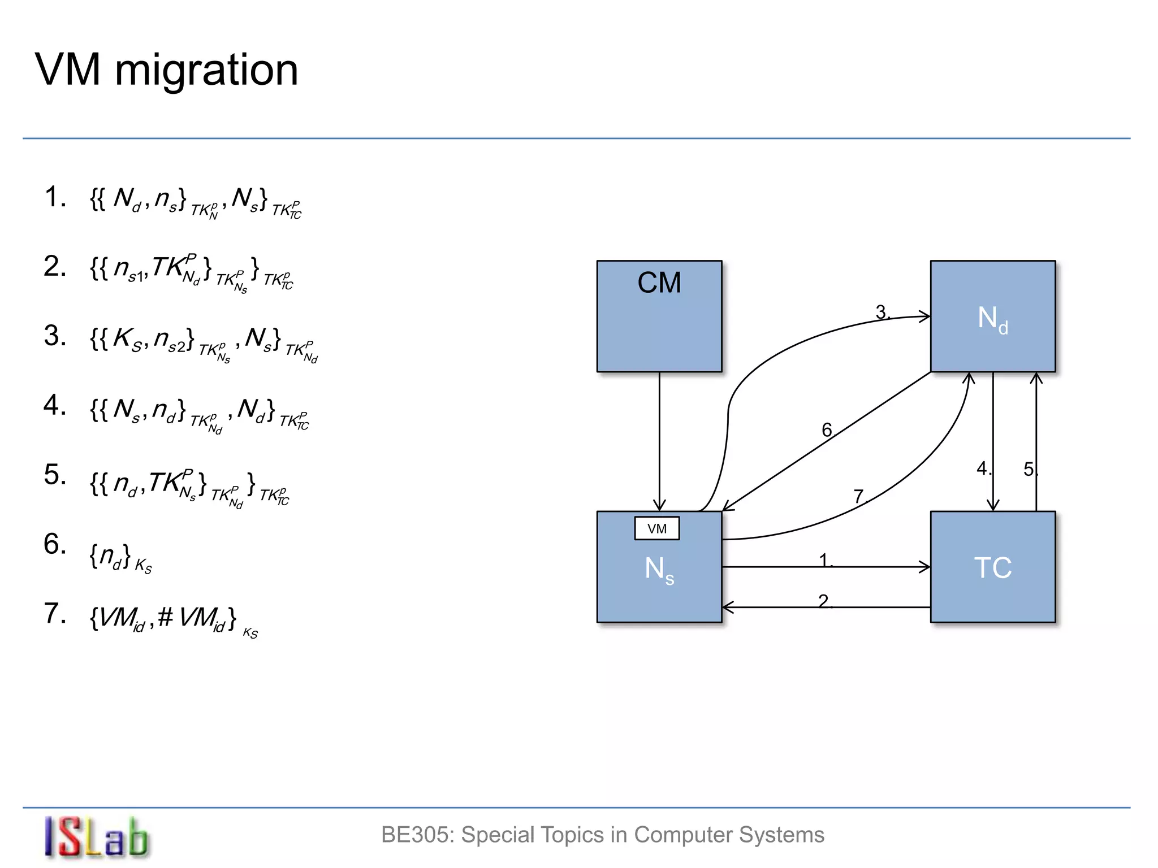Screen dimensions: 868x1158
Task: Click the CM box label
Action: [x=659, y=283]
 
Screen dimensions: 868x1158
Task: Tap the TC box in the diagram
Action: [x=992, y=567]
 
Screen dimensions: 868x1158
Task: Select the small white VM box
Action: [x=656, y=528]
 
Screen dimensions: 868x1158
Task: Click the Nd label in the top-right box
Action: [x=992, y=319]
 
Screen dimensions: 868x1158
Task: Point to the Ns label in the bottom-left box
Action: [x=659, y=570]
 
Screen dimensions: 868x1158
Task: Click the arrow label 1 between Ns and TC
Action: [x=824, y=560]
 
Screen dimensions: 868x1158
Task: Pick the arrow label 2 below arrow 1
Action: [x=823, y=601]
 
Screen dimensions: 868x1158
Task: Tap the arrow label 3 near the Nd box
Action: [x=881, y=312]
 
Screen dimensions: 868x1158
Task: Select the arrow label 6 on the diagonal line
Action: [x=827, y=430]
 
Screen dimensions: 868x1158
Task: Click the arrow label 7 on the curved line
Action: [x=858, y=496]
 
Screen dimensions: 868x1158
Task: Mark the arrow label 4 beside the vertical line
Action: [x=983, y=468]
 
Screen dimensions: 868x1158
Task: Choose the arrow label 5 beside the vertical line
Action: [x=1029, y=469]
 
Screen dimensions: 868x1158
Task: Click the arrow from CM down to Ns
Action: [x=659, y=441]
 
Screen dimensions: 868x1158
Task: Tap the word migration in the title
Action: [x=206, y=70]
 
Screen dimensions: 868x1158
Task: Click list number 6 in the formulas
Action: [x=54, y=544]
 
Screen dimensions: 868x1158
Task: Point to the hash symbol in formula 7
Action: [x=165, y=617]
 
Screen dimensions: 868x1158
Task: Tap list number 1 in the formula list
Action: [x=54, y=197]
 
